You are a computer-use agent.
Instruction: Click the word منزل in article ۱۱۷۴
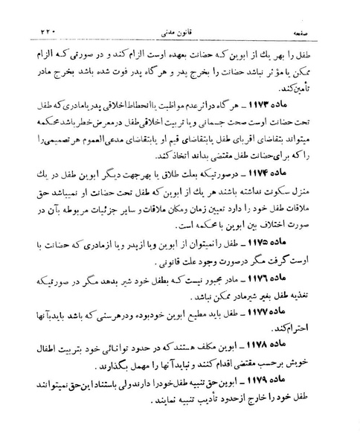click(x=321, y=213)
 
